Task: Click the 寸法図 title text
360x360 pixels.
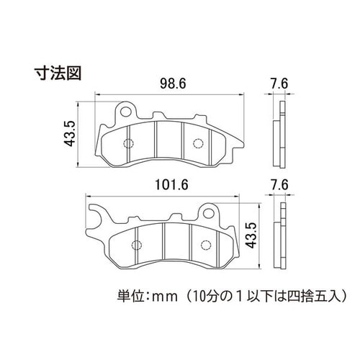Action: pyautogui.click(x=58, y=73)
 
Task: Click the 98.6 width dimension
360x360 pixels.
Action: pyautogui.click(x=173, y=84)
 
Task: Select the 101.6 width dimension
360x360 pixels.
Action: pyautogui.click(x=171, y=185)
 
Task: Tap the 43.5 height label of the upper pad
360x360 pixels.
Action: pyautogui.click(x=69, y=133)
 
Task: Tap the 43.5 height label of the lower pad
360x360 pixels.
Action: pyautogui.click(x=251, y=235)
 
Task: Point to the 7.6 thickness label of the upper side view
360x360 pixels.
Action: pyautogui.click(x=279, y=84)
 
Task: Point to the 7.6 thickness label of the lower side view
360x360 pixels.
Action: pyautogui.click(x=279, y=185)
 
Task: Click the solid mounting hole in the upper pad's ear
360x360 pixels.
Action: pyautogui.click(x=126, y=112)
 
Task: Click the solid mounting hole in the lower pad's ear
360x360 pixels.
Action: pyautogui.click(x=209, y=212)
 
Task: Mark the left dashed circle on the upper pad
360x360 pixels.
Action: pyautogui.click(x=128, y=143)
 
